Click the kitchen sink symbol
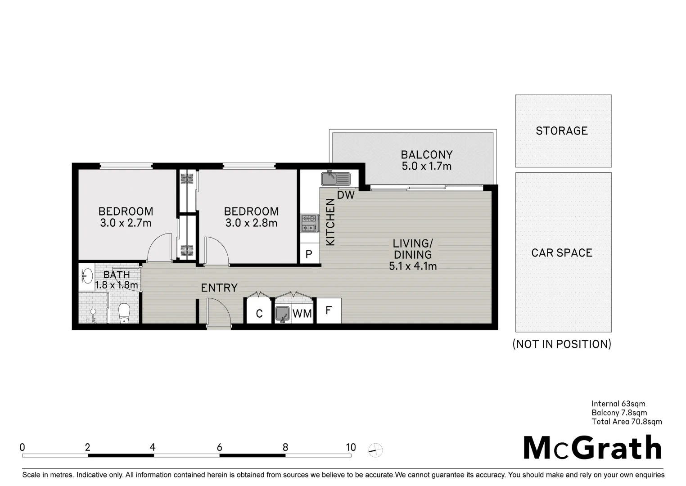click(335, 179)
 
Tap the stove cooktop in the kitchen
click(309, 223)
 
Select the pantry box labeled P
click(309, 254)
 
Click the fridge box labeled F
click(329, 310)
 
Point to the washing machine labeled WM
click(302, 313)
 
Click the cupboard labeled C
click(259, 313)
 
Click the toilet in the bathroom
click(124, 313)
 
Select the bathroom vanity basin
click(87, 275)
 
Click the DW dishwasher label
click(346, 195)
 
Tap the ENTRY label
click(219, 288)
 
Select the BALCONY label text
click(426, 155)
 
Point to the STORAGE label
click(562, 131)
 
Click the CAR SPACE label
click(562, 253)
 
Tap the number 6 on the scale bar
click(219, 447)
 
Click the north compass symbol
click(375, 450)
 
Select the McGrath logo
click(592, 448)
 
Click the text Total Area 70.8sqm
click(627, 422)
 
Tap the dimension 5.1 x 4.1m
click(413, 266)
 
